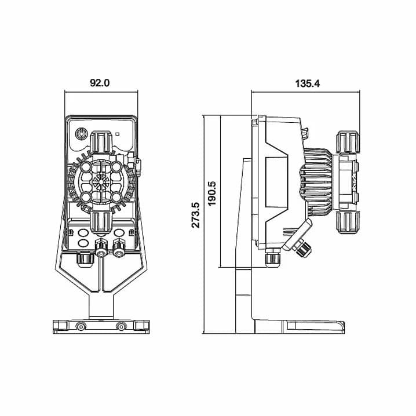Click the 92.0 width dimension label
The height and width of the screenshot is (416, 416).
coord(100,83)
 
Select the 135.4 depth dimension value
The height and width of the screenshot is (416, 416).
coord(308,83)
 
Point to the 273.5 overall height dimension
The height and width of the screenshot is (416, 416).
coord(196,215)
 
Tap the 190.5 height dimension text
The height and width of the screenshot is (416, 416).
coord(211,194)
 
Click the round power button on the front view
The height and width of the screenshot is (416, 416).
coord(81,134)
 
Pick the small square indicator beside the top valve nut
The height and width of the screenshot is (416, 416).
coord(118,134)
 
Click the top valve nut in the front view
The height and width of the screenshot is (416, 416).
coord(101,142)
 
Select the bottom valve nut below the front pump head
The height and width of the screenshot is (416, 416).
coord(101,222)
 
